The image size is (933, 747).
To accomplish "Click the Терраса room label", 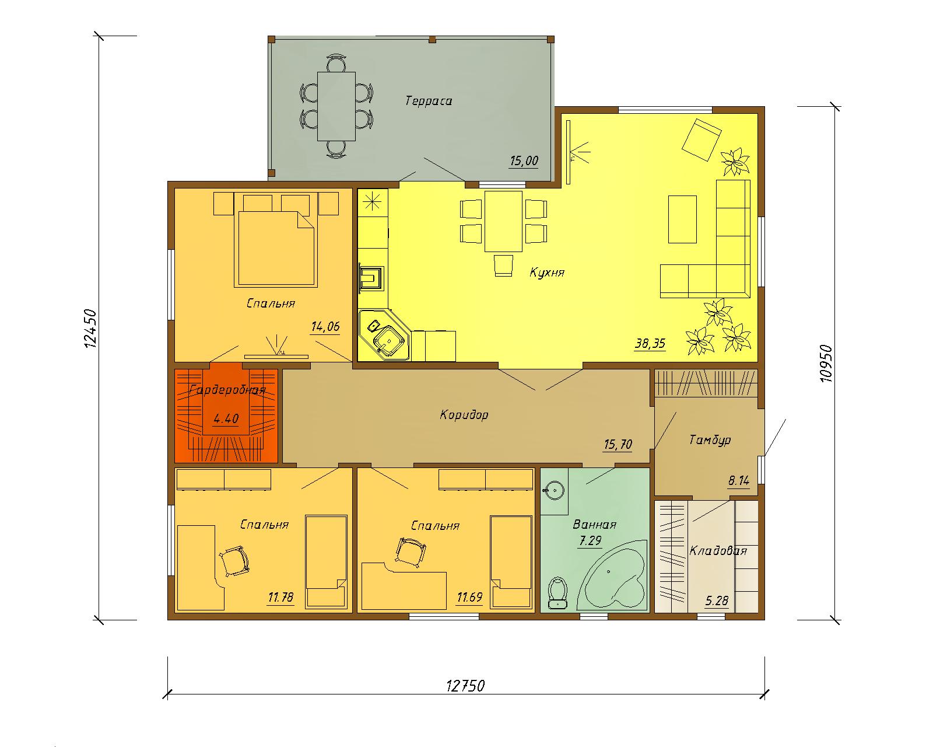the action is tap(429, 101).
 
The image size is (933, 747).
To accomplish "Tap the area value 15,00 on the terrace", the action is tap(524, 161).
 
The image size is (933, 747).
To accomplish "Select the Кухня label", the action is tap(547, 273).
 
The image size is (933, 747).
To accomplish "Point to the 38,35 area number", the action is tap(650, 344).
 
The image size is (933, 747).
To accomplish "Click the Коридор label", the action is tap(464, 415).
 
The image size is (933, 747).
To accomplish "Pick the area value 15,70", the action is tap(618, 445).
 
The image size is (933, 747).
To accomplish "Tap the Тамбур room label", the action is tap(710, 441).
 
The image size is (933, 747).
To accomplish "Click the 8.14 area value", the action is tap(739, 481).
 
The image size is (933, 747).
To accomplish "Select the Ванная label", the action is tap(594, 525).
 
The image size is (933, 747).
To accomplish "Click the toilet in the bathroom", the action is tap(558, 592).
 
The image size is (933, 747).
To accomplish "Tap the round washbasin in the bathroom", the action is tap(554, 491).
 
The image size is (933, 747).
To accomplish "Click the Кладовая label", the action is tap(718, 551).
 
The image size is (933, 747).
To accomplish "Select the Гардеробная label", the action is tap(227, 390).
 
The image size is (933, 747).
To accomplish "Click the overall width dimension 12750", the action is tap(466, 686).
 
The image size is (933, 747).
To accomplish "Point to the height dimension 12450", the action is tap(90, 328).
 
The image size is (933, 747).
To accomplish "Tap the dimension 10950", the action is tap(826, 364).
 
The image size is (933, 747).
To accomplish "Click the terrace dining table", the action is tap(336, 106).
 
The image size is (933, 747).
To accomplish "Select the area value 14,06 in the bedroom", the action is tap(325, 326).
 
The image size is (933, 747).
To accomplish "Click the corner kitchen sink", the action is tap(385, 336).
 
